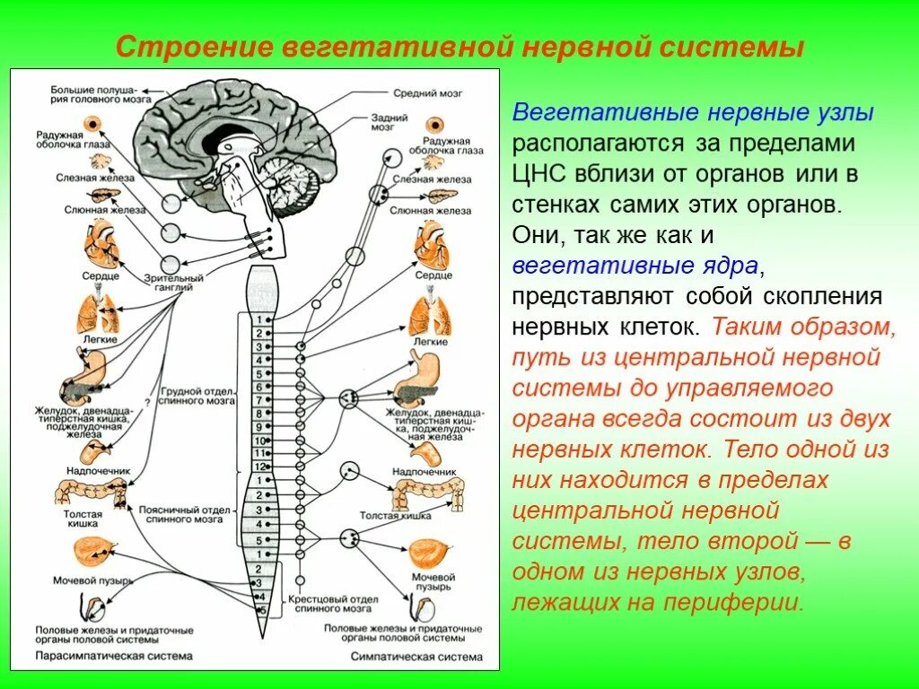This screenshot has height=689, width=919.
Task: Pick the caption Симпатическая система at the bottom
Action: pyautogui.click(x=398, y=656)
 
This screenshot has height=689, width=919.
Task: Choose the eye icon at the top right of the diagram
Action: pyautogui.click(x=437, y=125)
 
